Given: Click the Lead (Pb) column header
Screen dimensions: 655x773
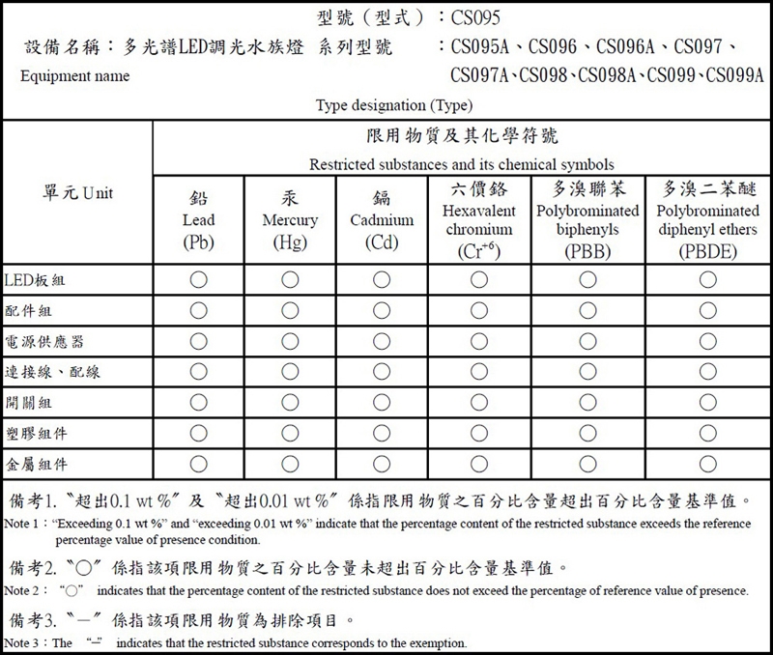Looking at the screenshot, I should pos(198,220).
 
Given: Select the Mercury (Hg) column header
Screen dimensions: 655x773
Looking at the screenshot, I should pos(290,220).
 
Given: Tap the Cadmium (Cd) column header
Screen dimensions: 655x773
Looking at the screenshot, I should pos(382,220).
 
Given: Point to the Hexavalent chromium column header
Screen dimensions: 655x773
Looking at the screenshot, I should pos(479,219).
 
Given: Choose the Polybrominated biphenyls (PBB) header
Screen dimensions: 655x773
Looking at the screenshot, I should pos(587,219).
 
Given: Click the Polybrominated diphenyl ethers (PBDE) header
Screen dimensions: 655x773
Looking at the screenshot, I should pos(708,219).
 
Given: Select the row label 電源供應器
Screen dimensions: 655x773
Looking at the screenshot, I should pos(44,342).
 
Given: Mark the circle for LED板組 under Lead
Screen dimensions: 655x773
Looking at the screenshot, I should pos(198,280).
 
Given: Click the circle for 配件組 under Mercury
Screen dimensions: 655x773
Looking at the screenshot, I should pos(290,310).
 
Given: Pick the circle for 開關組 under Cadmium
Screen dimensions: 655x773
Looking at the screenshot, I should pos(382,403).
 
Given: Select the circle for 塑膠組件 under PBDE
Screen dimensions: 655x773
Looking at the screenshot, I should pos(708,434).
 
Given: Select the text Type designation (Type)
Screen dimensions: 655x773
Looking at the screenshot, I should pos(393,104).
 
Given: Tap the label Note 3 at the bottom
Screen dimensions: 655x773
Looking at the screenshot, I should pos(25,642).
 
